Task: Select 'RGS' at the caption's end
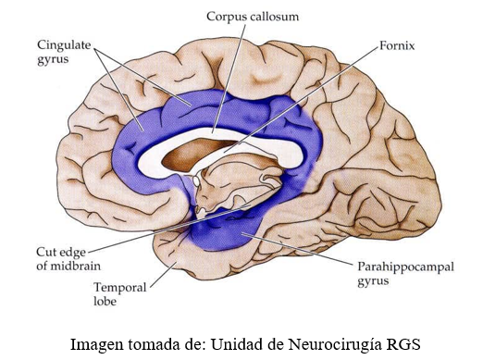point(403,343)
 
